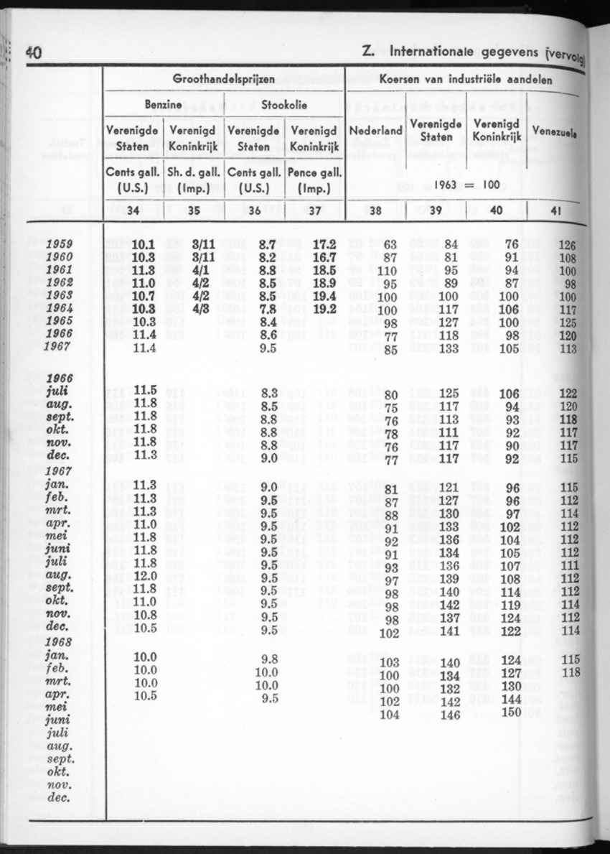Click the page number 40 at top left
[x=33, y=52]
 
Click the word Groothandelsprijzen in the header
[x=223, y=79]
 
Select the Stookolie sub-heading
[x=284, y=105]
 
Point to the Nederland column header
[x=375, y=131]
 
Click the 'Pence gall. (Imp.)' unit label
[x=314, y=181]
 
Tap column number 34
[x=133, y=211]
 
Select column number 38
[x=375, y=211]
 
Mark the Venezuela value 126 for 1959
[x=567, y=245]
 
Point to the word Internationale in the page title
[x=436, y=52]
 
